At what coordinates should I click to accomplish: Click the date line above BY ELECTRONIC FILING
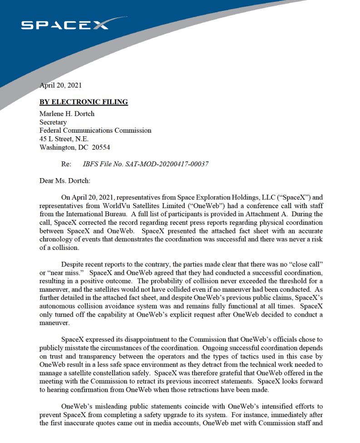[x=60, y=85]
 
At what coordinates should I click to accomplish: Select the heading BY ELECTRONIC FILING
[x=84, y=102]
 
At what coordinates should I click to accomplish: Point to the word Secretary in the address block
[x=53, y=122]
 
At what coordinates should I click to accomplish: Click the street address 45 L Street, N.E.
[x=64, y=139]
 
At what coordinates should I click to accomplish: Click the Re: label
[x=66, y=164]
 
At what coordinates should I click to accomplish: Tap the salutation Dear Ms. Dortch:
[x=65, y=181]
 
